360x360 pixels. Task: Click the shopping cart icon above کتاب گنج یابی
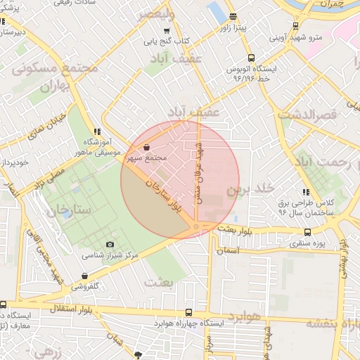point(167,31)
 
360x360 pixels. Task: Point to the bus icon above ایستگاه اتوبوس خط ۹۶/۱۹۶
point(252,59)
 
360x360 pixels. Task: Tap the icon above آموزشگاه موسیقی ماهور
point(97,131)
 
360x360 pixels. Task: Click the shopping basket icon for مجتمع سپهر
point(146,148)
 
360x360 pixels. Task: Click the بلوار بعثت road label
point(234,229)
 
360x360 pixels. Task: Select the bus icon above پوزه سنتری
point(307,232)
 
